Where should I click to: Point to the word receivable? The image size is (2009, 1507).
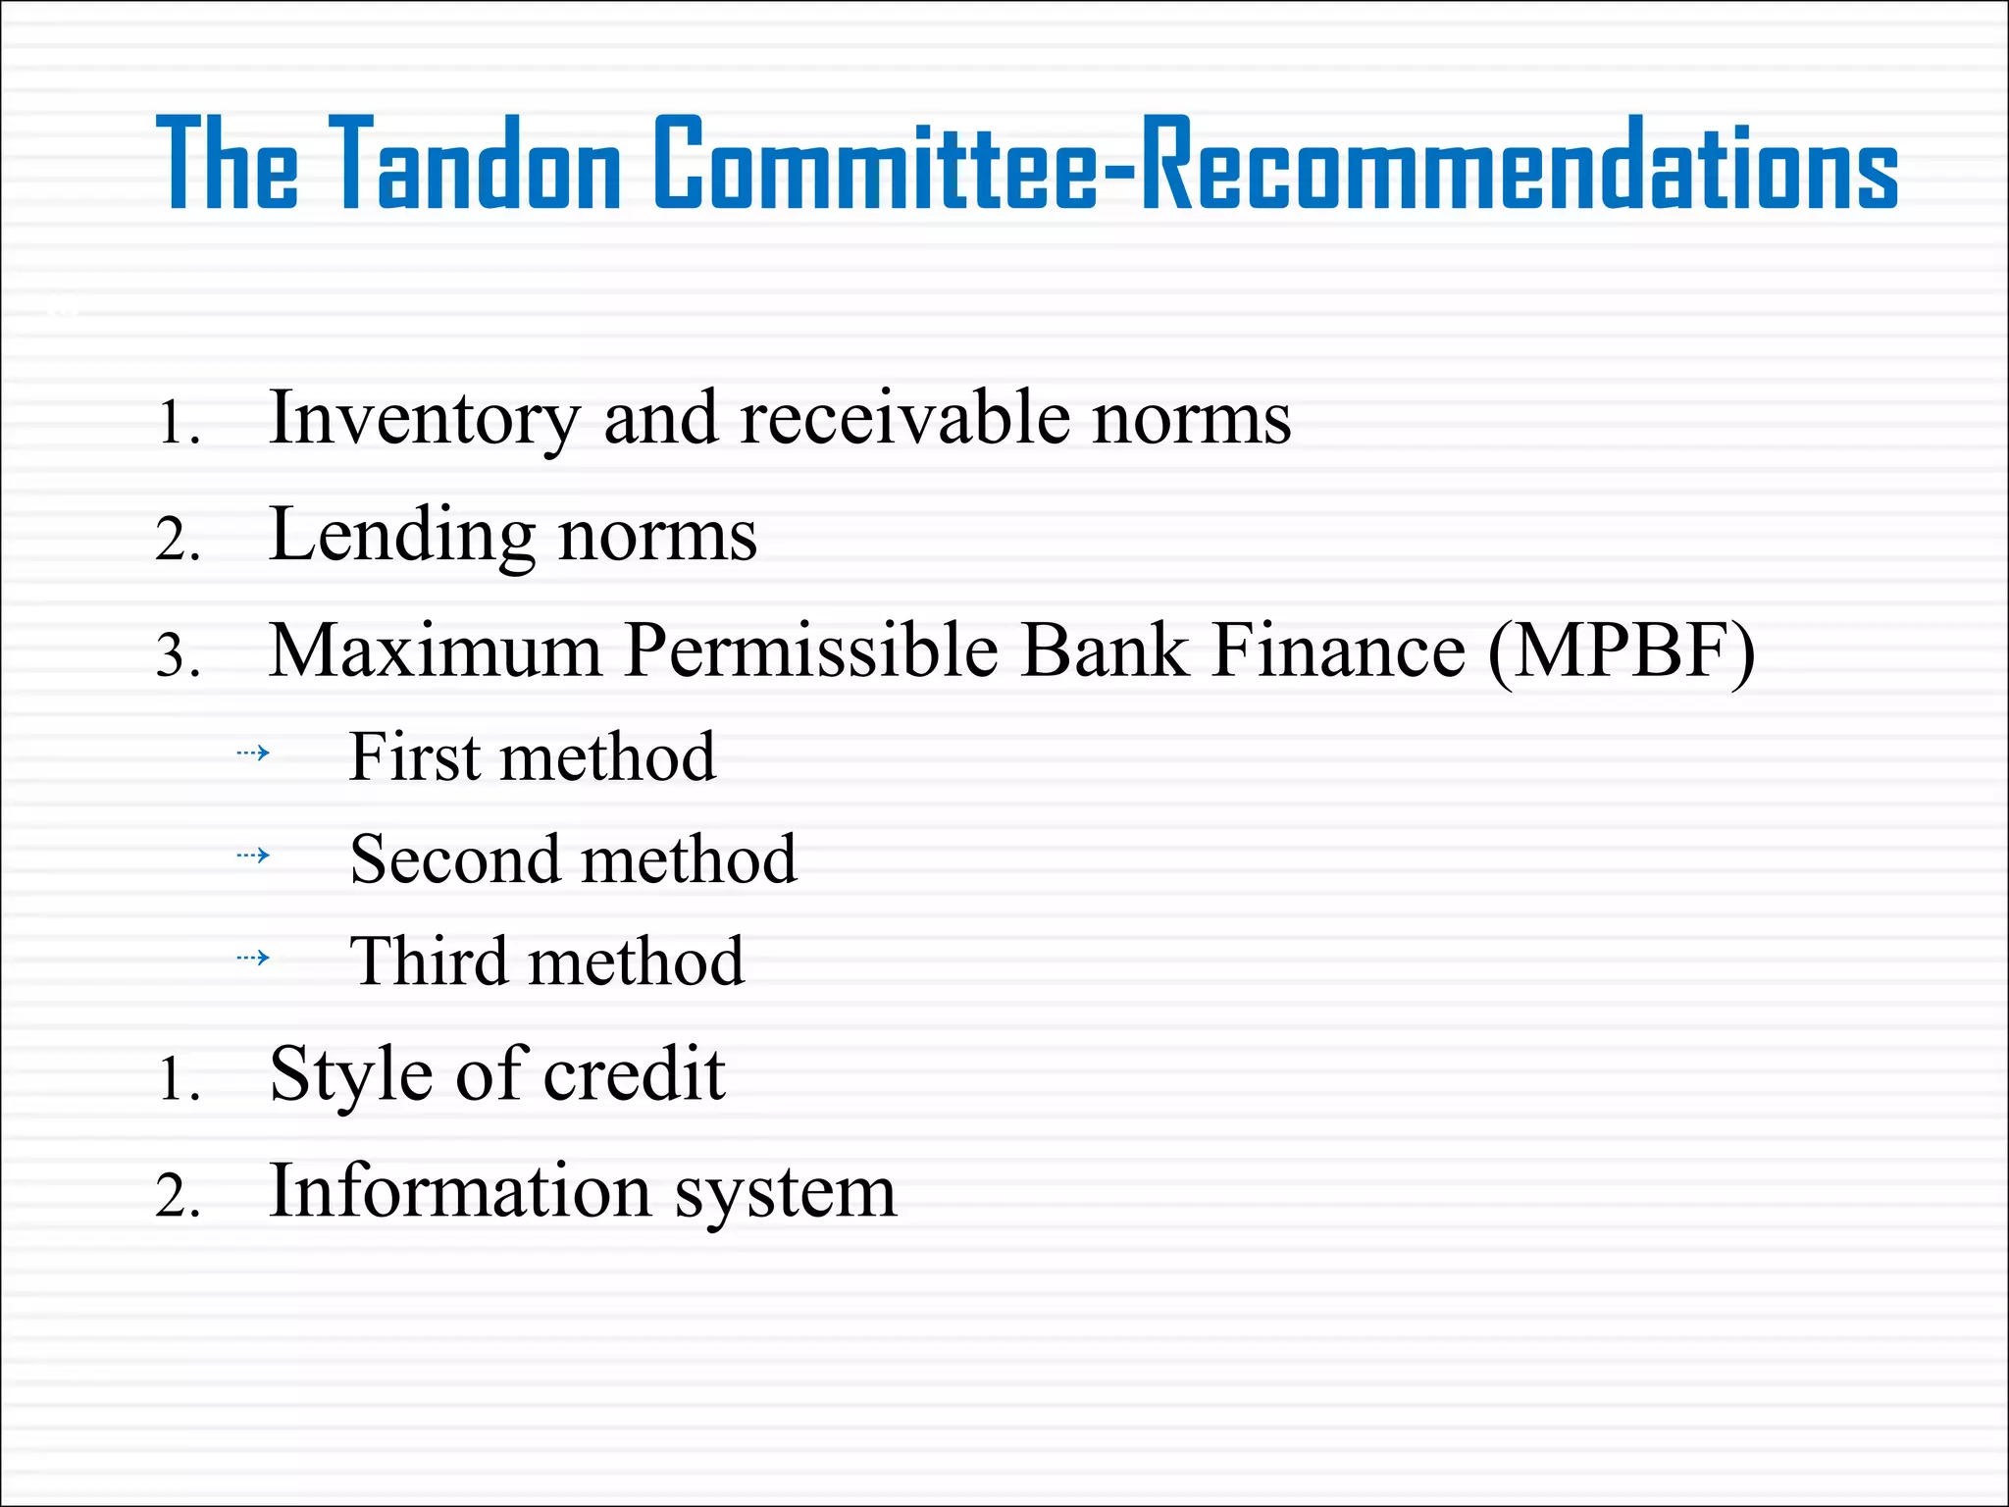pos(904,418)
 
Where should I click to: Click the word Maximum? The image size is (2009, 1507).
pos(435,650)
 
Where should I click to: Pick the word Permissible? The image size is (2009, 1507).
pos(810,650)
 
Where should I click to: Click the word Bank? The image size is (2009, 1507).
pos(1104,650)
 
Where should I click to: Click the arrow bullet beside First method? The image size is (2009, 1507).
pos(253,753)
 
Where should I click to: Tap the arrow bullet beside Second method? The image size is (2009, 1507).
pos(253,856)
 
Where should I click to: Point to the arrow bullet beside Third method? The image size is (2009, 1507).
pos(253,958)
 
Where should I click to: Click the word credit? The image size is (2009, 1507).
pos(634,1073)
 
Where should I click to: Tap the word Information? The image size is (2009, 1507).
pos(460,1191)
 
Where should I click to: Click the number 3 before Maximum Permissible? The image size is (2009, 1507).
pos(173,655)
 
